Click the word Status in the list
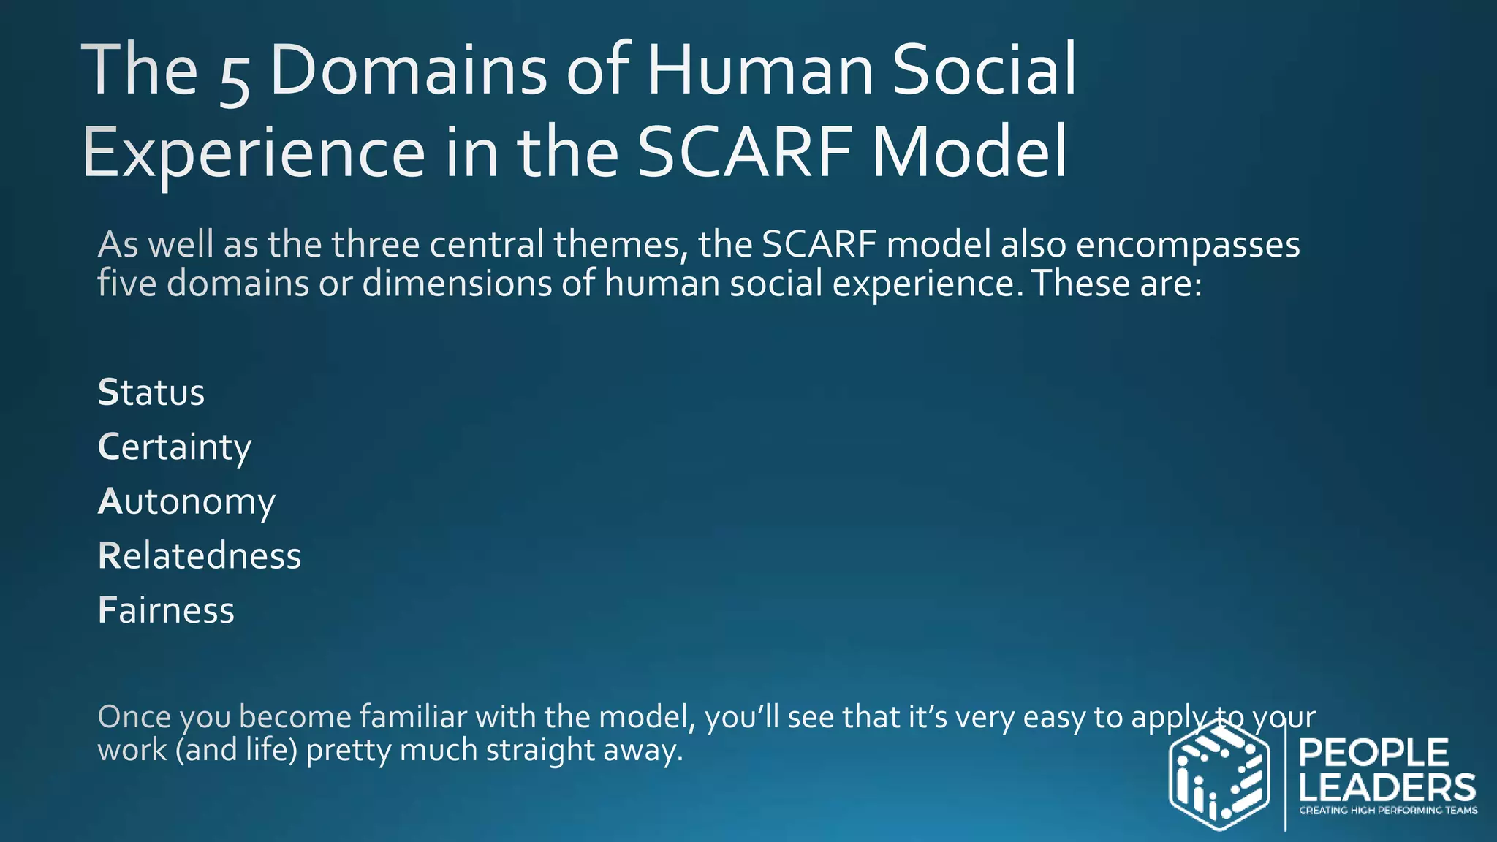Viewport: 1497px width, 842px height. coord(151,392)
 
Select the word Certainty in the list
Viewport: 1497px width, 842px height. coord(175,447)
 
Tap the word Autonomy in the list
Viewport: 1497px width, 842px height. coord(187,502)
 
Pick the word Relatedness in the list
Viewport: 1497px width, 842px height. coord(200,556)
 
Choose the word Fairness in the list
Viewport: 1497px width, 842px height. coord(167,610)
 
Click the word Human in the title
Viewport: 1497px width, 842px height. coord(760,71)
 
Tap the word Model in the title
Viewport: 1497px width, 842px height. coord(970,153)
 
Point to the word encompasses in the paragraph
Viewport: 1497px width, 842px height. coord(1188,245)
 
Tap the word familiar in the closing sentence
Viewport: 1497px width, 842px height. coord(413,717)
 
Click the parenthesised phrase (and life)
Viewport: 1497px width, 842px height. coord(236,751)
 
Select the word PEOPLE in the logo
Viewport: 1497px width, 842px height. coord(1373,753)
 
